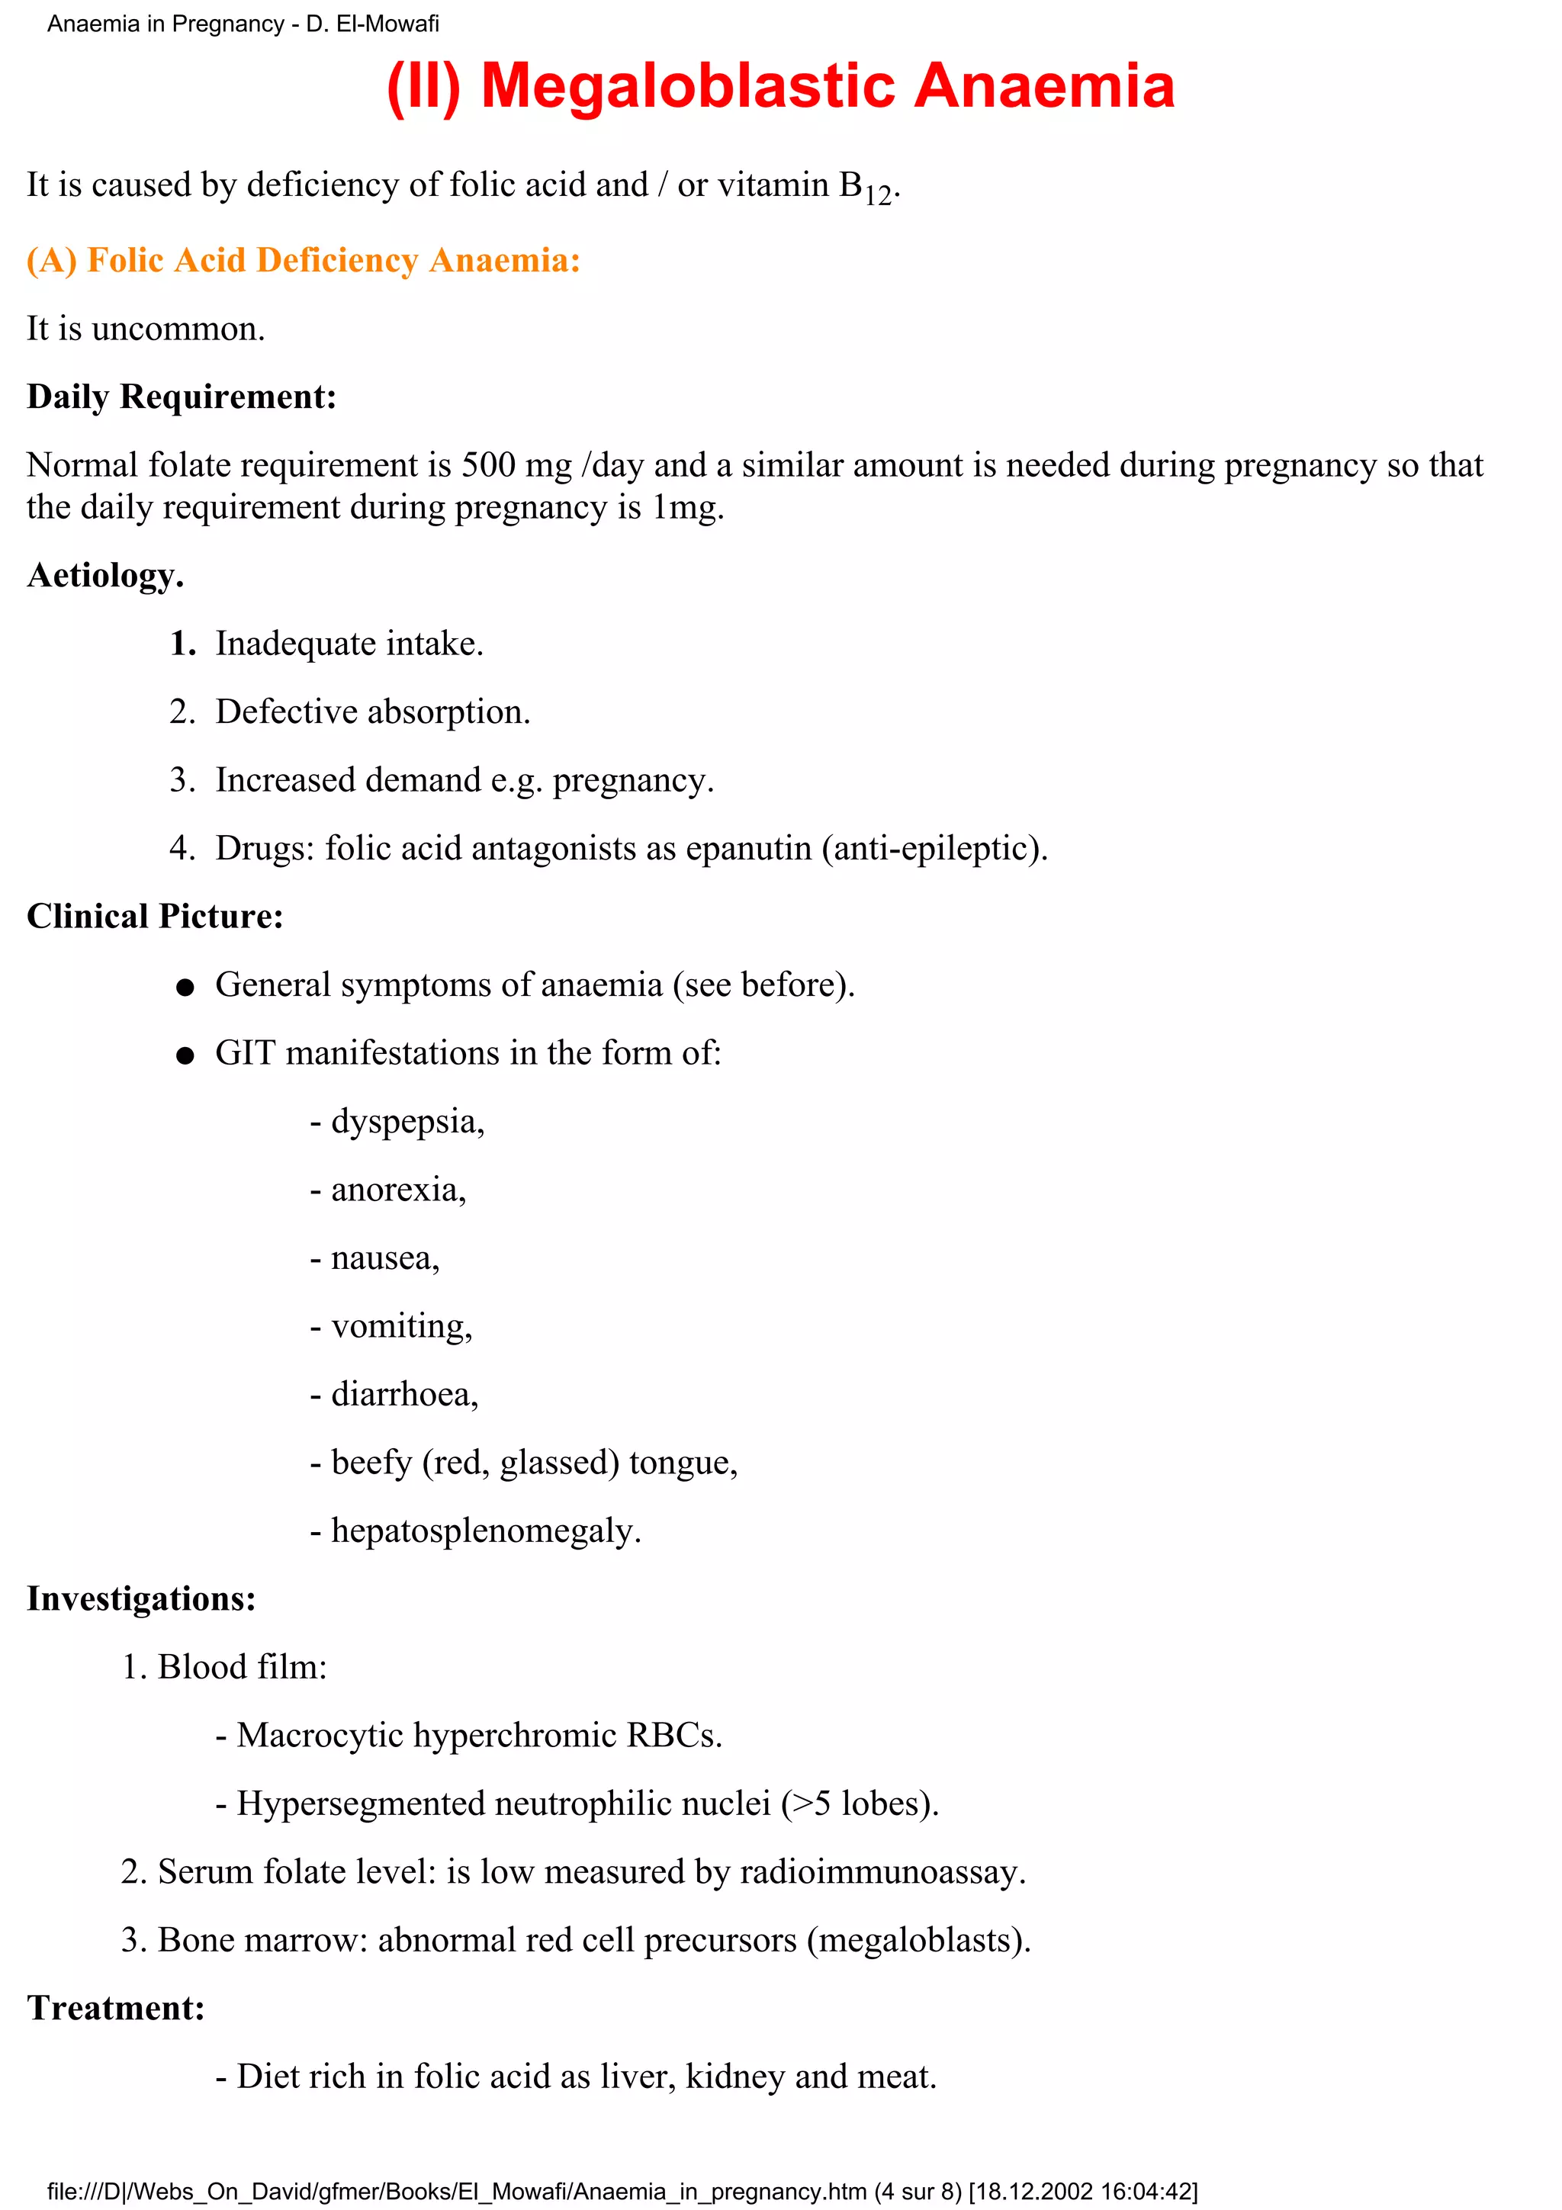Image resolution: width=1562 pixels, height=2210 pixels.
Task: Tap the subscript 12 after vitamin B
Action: [x=877, y=196]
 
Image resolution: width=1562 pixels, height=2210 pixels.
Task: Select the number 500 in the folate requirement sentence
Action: [x=488, y=466]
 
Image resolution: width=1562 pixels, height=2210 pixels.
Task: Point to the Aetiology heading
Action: [x=105, y=576]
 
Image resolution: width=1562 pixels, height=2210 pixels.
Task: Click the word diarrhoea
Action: [x=404, y=1395]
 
